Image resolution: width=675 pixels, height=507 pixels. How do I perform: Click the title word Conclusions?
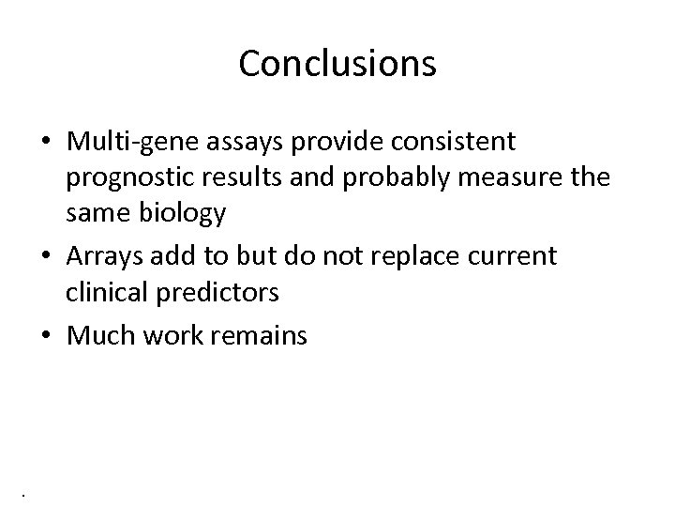[337, 64]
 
